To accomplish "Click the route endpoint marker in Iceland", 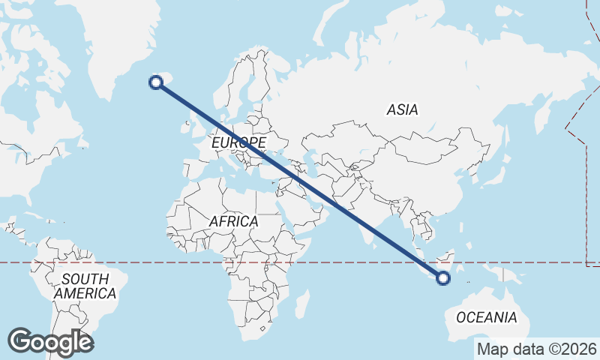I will [x=157, y=82].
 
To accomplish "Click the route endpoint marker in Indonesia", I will [x=443, y=278].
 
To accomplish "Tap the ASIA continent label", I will [x=402, y=109].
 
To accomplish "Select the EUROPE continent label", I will [x=238, y=142].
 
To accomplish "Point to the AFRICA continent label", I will [x=233, y=222].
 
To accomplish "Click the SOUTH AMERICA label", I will [x=85, y=286].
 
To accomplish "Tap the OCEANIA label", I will [x=487, y=317].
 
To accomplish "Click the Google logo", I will [x=49, y=341].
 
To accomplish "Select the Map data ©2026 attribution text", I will [x=536, y=349].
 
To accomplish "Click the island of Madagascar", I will [x=301, y=304].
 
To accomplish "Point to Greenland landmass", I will [x=127, y=37].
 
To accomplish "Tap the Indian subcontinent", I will [x=364, y=217].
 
